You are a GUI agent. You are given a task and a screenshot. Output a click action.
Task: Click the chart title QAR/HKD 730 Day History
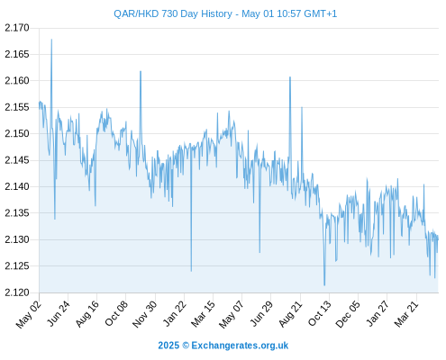[x=173, y=13]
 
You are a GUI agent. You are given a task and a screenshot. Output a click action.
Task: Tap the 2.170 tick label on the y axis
[x=17, y=28]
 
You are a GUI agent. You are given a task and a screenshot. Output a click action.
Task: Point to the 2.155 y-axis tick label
[x=17, y=107]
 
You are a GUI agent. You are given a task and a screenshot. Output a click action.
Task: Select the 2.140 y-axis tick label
[x=17, y=186]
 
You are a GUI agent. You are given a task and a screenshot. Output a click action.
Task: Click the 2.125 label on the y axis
[x=17, y=265]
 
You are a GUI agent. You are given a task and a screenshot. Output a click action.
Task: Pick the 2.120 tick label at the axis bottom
[x=17, y=292]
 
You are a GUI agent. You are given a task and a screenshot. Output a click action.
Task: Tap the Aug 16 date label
[x=87, y=313]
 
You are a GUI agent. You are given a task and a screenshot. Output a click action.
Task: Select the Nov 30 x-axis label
[x=145, y=314]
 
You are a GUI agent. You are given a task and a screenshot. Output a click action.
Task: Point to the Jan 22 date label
[x=175, y=313]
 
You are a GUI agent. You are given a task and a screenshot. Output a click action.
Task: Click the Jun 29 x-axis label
[x=262, y=313]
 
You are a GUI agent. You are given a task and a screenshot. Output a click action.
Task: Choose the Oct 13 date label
[x=320, y=313]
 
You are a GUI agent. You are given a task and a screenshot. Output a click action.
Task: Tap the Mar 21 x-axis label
[x=406, y=313]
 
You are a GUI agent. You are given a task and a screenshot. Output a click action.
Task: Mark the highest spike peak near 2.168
[x=51, y=40]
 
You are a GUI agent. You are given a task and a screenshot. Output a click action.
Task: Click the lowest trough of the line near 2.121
[x=324, y=285]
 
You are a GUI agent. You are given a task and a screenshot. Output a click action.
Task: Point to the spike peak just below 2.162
[x=141, y=71]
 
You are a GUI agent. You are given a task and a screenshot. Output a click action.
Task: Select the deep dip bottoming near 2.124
[x=191, y=271]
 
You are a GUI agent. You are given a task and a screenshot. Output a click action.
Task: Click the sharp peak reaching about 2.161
[x=290, y=77]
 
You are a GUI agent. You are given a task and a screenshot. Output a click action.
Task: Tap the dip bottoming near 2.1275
[x=259, y=252]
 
